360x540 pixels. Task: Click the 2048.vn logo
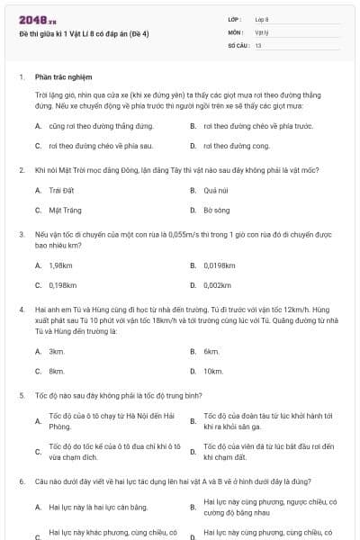click(x=37, y=19)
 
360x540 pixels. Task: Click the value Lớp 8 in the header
click(x=262, y=18)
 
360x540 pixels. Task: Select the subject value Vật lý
click(x=261, y=31)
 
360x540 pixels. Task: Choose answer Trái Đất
click(x=59, y=190)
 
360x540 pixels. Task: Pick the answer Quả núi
click(x=214, y=190)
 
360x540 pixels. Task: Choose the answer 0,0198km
click(x=219, y=265)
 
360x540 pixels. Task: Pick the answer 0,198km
click(x=62, y=284)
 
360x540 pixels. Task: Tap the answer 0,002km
click(x=217, y=284)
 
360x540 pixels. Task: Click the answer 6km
click(x=211, y=351)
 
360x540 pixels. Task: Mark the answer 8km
click(x=56, y=370)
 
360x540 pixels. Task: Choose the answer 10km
click(x=212, y=370)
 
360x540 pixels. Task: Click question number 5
click(x=22, y=395)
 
